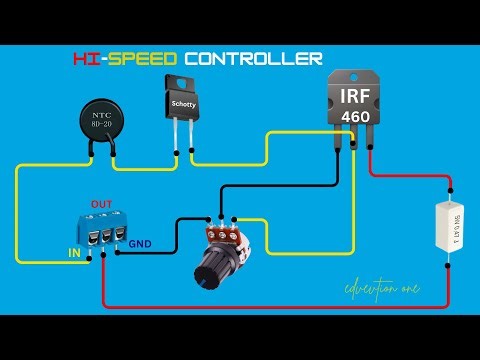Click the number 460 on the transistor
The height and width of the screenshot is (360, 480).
click(354, 117)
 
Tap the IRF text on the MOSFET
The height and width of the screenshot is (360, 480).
click(354, 98)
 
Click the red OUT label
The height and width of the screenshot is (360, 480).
click(102, 203)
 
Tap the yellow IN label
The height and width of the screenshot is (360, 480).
click(74, 253)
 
